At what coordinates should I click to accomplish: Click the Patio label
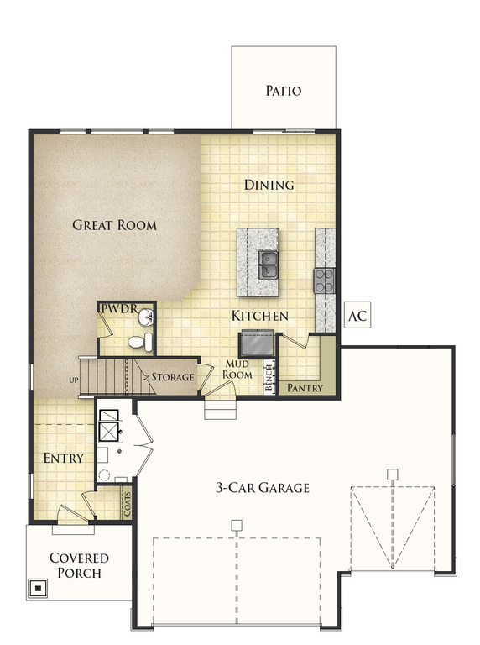(x=283, y=91)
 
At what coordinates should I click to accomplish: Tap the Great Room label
(x=114, y=225)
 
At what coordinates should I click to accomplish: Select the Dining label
(x=269, y=185)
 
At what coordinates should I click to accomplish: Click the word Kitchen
(x=260, y=317)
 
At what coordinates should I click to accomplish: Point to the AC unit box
(x=357, y=317)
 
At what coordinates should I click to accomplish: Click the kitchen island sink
(x=269, y=265)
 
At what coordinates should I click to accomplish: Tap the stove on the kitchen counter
(x=324, y=280)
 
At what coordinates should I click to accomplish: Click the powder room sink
(x=145, y=317)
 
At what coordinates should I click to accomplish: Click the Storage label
(x=173, y=377)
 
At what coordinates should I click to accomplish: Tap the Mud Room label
(x=238, y=369)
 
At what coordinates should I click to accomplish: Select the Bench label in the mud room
(x=269, y=379)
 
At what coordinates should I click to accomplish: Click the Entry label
(x=63, y=459)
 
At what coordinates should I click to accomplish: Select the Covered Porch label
(x=79, y=565)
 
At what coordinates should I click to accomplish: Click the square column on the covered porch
(x=37, y=588)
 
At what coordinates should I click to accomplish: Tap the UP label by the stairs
(x=73, y=380)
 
